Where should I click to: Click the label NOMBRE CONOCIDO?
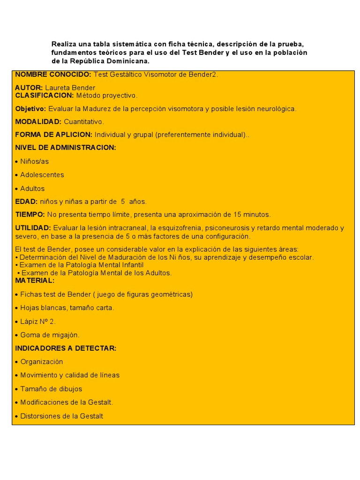point(53,75)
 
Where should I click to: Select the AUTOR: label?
point(29,88)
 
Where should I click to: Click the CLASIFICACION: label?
point(45,95)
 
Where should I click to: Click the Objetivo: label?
point(30,109)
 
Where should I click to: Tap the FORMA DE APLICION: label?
point(53,135)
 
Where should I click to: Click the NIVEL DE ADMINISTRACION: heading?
point(65,148)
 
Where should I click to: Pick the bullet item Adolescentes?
point(42,175)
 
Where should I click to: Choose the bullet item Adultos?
point(32,188)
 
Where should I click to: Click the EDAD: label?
point(26,202)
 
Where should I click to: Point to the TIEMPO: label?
point(30,215)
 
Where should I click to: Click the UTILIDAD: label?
point(33,228)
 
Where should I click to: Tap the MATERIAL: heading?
point(35,280)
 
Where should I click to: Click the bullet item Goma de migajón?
point(50,335)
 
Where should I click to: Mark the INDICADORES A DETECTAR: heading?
point(66,348)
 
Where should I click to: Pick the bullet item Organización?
point(41,362)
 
